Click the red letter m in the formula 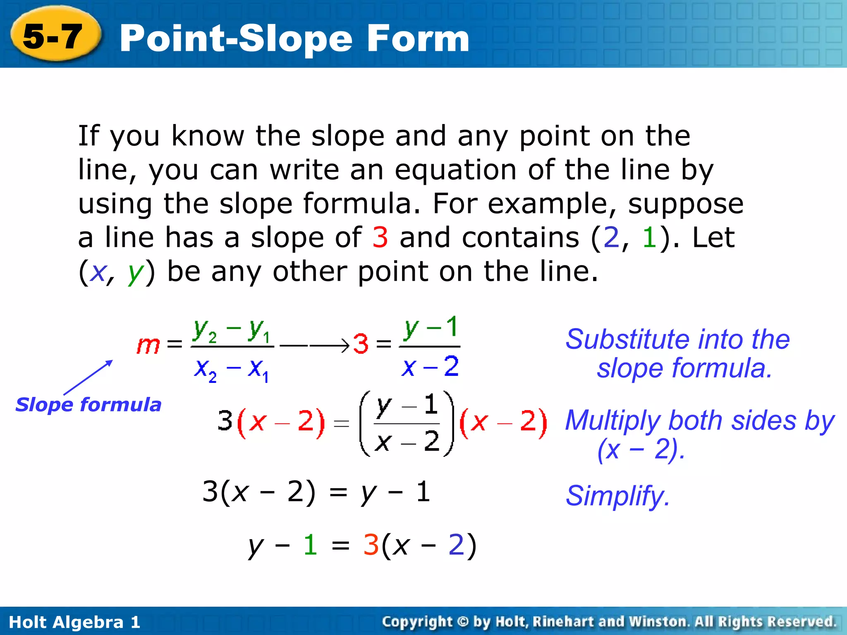point(148,345)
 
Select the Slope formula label point(88,404)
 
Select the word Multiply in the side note point(614,421)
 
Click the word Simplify point(617,496)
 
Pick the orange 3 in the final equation point(371,544)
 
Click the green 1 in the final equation point(310,544)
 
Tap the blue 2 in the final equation point(456,544)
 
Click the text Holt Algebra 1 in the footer point(74,622)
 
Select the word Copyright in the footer point(417,621)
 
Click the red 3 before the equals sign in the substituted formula point(361,344)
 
